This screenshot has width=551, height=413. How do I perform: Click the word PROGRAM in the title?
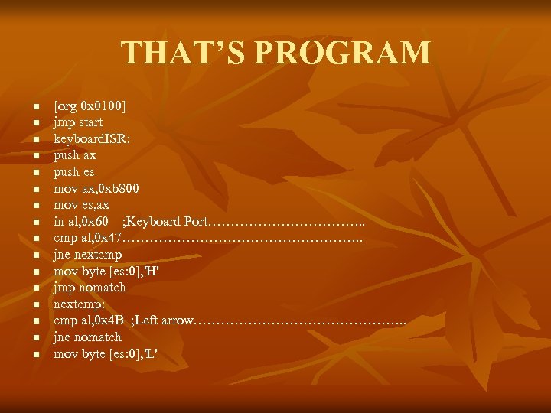[x=342, y=53]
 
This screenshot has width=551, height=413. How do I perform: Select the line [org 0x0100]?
[x=90, y=106]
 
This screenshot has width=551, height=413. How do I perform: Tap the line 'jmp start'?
[x=78, y=122]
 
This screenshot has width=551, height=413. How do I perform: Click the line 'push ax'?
[x=75, y=155]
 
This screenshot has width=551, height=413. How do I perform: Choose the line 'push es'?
[x=74, y=172]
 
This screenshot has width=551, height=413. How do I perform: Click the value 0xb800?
[x=119, y=188]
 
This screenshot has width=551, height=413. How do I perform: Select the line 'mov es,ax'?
[x=81, y=205]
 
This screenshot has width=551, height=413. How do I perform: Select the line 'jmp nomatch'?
[x=90, y=288]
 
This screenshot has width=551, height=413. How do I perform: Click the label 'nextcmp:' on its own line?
[x=79, y=304]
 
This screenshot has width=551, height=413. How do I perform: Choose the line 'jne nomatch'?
[x=87, y=337]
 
